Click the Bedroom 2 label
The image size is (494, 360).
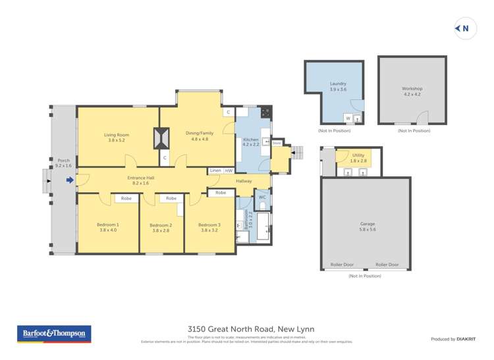click(x=161, y=224)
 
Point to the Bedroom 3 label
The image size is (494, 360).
click(x=209, y=224)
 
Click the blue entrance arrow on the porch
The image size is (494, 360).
click(x=70, y=179)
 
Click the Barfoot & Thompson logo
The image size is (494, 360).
click(x=55, y=334)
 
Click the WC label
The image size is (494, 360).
click(x=261, y=197)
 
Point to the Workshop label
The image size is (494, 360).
click(x=412, y=88)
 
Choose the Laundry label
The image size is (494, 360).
click(x=338, y=84)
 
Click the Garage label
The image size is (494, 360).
click(x=367, y=223)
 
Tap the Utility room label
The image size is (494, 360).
click(x=358, y=155)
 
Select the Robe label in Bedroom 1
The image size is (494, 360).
click(x=126, y=198)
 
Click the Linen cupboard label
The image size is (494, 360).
click(x=215, y=170)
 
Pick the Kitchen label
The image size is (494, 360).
click(x=251, y=140)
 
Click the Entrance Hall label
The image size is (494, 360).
click(x=141, y=178)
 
